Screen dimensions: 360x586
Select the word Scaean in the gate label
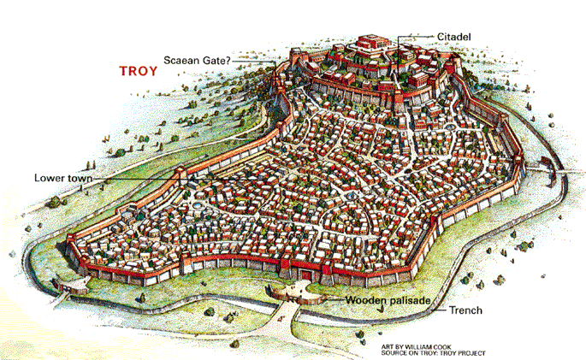click(180, 61)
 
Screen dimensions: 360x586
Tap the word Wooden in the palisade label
click(366, 301)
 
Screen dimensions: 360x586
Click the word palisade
click(409, 301)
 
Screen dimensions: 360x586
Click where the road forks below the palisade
click(295, 311)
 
